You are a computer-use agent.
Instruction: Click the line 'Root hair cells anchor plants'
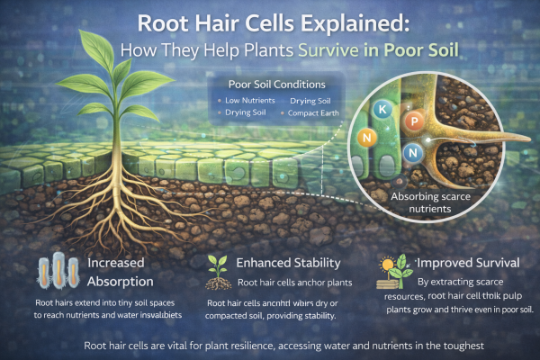click(x=283, y=282)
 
